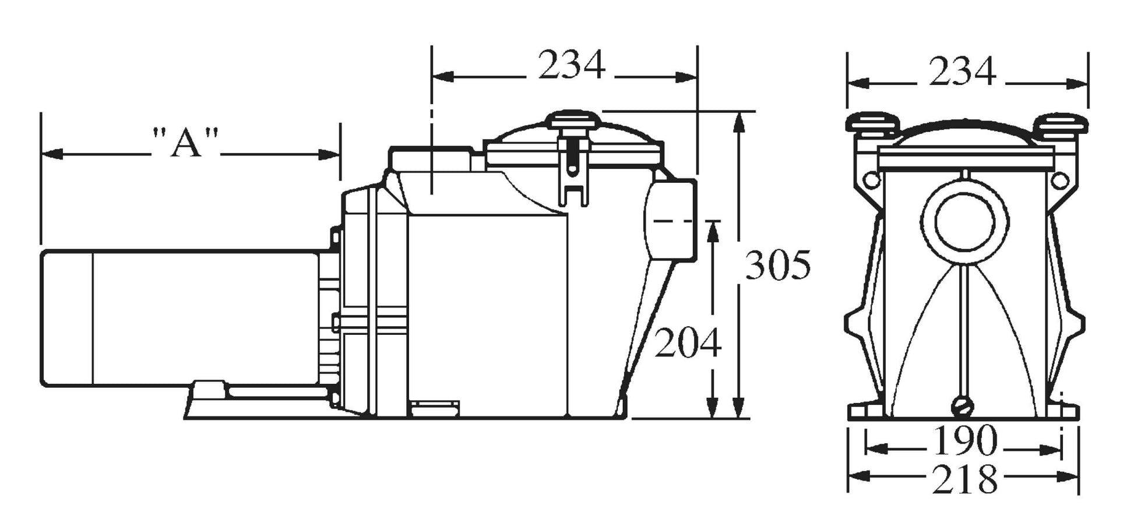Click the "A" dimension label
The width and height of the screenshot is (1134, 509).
[185, 142]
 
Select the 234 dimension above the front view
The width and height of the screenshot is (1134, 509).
[963, 72]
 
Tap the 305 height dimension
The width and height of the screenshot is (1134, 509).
[779, 265]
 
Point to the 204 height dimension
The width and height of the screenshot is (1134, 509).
[688, 342]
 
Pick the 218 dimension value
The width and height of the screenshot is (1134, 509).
[965, 479]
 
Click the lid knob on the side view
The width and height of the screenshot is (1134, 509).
[573, 120]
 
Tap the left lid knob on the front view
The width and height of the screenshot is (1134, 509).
[872, 125]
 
